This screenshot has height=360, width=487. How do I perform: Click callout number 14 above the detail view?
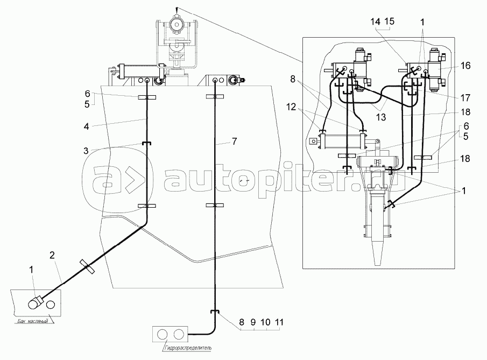pos(375,21)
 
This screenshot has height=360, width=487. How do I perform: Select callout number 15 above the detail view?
pos(389,21)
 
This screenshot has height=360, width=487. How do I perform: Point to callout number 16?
pos(466,65)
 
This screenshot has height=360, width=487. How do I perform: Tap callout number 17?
pos(466,98)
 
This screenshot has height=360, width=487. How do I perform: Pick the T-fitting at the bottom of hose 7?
pos(214,312)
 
